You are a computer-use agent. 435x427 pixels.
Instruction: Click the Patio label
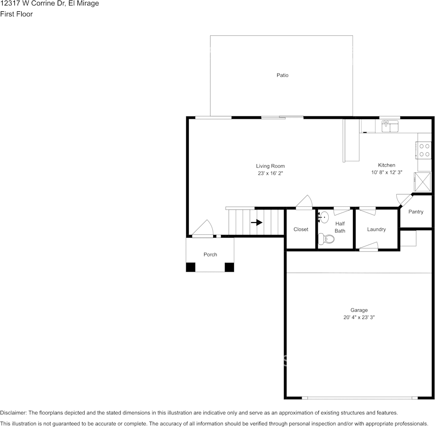tap(283, 75)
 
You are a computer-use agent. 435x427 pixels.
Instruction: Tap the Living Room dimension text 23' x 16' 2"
tap(270, 173)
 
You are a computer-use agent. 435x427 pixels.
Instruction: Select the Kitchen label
tap(386, 165)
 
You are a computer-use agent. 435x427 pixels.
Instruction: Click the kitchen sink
tap(390, 126)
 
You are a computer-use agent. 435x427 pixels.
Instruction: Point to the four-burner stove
tap(423, 150)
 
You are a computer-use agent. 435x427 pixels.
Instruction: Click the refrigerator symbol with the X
tap(422, 182)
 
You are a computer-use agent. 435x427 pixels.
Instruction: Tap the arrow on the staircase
tap(256, 223)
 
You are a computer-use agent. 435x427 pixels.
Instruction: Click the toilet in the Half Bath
tap(326, 239)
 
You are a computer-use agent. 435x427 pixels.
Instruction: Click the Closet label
tap(301, 229)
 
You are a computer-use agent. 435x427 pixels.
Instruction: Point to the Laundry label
tap(376, 229)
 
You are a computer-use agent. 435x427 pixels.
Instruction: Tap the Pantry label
tap(416, 212)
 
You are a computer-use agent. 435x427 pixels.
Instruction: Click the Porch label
tap(210, 255)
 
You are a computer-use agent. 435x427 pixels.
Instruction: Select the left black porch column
tap(191, 267)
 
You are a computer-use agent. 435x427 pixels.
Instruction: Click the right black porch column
tap(229, 267)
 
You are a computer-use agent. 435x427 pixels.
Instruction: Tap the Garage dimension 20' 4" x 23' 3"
tap(359, 317)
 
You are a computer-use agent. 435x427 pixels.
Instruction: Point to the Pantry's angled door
tap(405, 200)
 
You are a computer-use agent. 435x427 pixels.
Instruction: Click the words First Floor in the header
tap(16, 14)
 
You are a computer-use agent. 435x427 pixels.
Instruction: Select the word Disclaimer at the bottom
tap(13, 413)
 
